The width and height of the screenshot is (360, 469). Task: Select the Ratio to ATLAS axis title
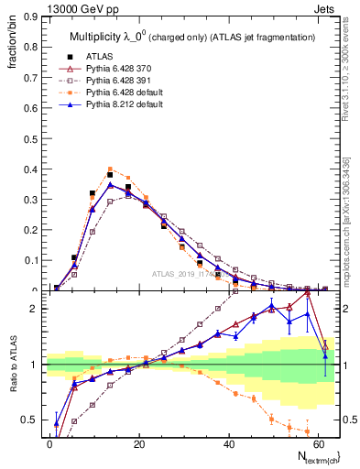pyautogui.click(x=14, y=364)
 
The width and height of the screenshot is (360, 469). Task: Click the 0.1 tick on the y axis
pyautogui.click(x=31, y=260)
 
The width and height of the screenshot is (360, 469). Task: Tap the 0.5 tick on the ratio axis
pyautogui.click(x=31, y=420)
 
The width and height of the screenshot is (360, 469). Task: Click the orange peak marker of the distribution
pyautogui.click(x=110, y=169)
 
